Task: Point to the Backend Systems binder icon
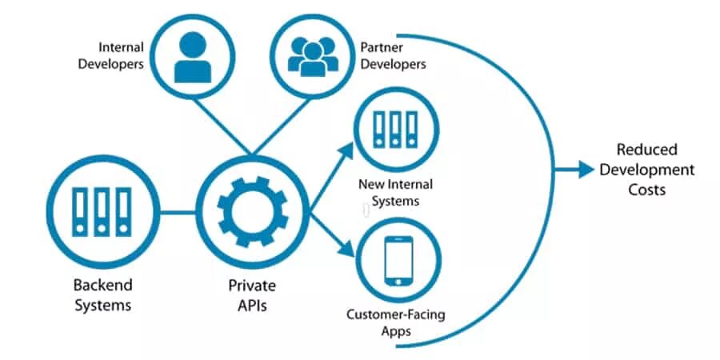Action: [x=101, y=213]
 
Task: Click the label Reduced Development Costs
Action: [x=647, y=170]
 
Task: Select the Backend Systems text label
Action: [x=102, y=294]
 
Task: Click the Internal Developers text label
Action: [x=110, y=56]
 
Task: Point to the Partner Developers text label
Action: [x=393, y=56]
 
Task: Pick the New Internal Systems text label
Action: [x=389, y=193]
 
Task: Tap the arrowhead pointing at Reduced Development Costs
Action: [x=587, y=170]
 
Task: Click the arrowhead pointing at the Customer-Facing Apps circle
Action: [x=349, y=253]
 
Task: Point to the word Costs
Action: [x=647, y=190]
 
